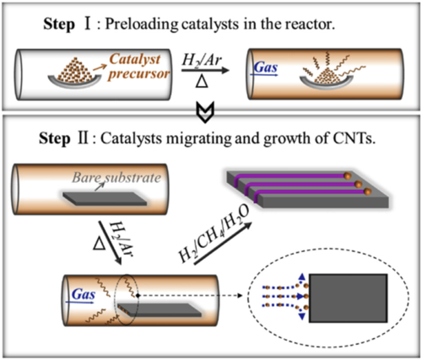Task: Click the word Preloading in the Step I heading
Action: coord(142,25)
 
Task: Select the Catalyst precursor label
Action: coord(138,67)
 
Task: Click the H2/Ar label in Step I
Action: coord(202,61)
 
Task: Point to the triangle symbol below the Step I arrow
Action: coord(202,82)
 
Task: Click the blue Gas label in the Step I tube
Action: coord(266,67)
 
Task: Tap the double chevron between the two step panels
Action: coord(205,112)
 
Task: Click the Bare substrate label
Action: coord(116,178)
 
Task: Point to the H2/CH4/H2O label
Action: coord(214,234)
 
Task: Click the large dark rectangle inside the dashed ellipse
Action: coord(348,298)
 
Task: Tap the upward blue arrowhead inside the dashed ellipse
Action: coord(302,277)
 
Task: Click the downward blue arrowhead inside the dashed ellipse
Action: coord(302,316)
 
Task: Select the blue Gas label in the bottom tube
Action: coord(84,294)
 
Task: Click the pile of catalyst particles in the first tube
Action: coord(74,70)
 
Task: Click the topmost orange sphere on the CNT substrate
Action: coord(348,175)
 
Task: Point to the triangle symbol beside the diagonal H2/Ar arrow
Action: coord(99,244)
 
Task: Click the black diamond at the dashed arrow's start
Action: coord(138,295)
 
